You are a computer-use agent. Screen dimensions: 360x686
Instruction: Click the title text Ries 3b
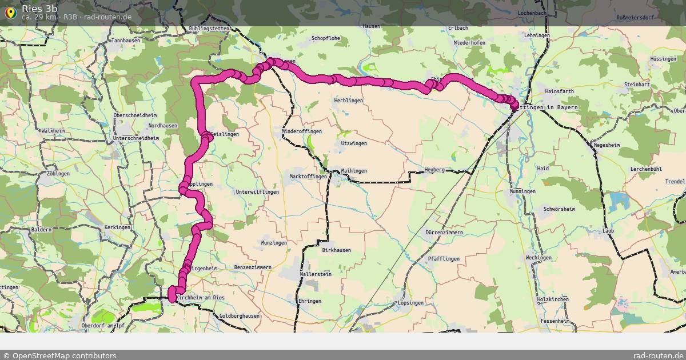[x=39, y=8]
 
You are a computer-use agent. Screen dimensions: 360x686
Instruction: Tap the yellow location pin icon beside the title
[x=10, y=12]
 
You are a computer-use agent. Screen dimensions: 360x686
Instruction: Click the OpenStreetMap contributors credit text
[x=59, y=355]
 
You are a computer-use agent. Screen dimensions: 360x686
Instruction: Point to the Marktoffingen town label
[x=308, y=177]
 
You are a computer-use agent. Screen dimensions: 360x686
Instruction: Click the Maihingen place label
[x=353, y=171]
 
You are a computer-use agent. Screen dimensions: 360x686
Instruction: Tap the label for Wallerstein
[x=316, y=275]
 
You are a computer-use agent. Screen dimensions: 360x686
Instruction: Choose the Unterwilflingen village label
[x=257, y=192]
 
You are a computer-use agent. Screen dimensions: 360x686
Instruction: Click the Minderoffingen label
[x=302, y=131]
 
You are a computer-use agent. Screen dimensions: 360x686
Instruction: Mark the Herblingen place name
[x=349, y=101]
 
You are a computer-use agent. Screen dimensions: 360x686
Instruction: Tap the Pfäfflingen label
[x=443, y=259]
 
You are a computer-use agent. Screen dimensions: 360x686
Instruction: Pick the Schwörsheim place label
[x=559, y=209]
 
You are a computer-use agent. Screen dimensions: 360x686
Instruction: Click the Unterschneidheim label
[x=136, y=138]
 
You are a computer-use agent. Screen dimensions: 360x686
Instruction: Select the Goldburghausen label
[x=240, y=316]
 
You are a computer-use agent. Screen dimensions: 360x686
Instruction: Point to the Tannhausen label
[x=126, y=41]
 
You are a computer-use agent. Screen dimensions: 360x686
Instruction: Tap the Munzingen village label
[x=273, y=243]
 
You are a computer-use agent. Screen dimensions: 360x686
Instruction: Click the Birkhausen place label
[x=336, y=250]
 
